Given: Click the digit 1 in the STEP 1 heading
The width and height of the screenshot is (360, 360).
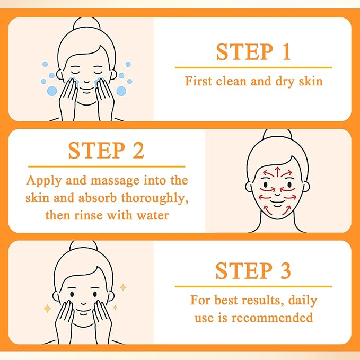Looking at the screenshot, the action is (x=286, y=51).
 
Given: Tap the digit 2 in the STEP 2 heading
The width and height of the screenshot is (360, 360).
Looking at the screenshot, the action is (x=138, y=150).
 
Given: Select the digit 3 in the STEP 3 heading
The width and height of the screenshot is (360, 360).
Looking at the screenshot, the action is (x=285, y=270).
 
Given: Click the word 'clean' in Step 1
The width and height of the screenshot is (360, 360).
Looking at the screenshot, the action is (x=231, y=81).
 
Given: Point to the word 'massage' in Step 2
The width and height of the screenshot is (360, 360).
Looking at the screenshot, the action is (x=115, y=181).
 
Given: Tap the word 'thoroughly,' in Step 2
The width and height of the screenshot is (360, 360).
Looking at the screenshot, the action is (x=154, y=198).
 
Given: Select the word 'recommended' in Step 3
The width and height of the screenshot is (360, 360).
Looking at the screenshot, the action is (x=272, y=318).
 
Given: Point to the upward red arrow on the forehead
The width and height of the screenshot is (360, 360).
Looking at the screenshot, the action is (x=277, y=172).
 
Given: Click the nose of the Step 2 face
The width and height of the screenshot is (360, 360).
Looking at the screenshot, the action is (x=277, y=194).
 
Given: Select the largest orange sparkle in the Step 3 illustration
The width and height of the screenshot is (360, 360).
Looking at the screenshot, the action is (x=47, y=309).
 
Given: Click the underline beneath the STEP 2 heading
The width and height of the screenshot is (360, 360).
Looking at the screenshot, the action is (x=107, y=166).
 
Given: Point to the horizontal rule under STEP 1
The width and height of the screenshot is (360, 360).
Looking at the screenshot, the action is (x=253, y=67).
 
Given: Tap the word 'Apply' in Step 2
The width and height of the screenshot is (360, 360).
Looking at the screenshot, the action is (x=44, y=181).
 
